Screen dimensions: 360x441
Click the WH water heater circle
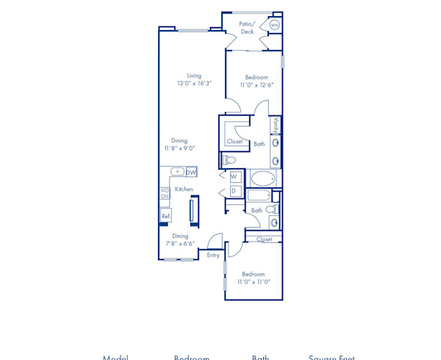(274, 25)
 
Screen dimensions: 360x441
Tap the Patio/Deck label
(247, 28)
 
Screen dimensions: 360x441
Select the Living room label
(194, 75)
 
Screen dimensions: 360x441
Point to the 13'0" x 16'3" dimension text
(194, 84)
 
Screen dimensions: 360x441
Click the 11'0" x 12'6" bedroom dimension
(257, 85)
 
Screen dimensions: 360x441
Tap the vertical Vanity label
(276, 125)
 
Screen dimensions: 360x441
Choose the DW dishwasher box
(191, 172)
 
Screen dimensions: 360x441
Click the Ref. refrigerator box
(166, 216)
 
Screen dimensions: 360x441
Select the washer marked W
(234, 176)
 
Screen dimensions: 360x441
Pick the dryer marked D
(234, 191)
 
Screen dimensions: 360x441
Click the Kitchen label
(184, 189)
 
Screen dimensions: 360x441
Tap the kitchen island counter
(193, 211)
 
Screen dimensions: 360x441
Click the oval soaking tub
(262, 179)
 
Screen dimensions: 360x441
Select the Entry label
(213, 255)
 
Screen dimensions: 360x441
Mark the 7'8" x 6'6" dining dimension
(180, 244)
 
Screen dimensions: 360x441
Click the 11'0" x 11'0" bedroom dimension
(254, 281)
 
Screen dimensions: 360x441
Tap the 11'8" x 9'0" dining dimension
(179, 148)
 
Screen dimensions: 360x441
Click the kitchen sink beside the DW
(178, 172)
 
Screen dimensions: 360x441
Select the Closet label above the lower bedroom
(265, 239)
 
